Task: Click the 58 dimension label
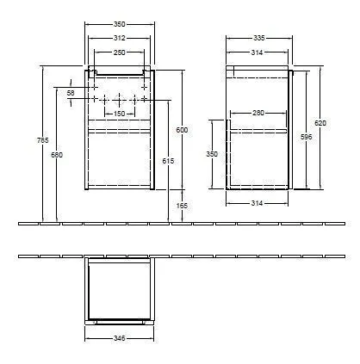[x=71, y=92]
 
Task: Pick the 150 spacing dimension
[x=120, y=113]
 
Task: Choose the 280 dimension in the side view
[x=257, y=113]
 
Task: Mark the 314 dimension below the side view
[x=257, y=203]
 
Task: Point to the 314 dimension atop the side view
[x=257, y=52]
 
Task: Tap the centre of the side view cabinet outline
[x=258, y=127]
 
